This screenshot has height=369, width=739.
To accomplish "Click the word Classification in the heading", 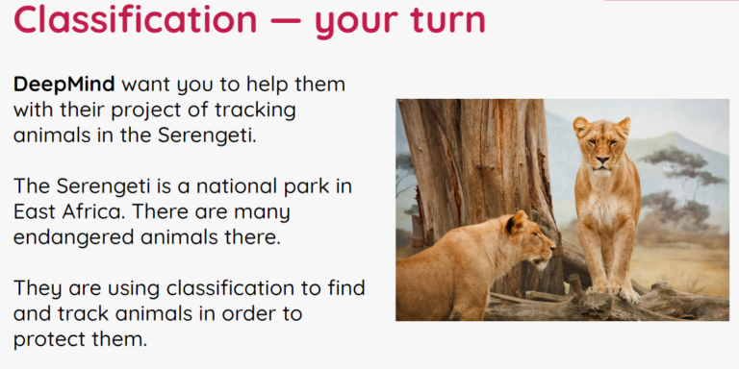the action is (136, 20).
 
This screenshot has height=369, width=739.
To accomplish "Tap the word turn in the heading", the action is (447, 21).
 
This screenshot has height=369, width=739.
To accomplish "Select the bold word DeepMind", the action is (64, 86).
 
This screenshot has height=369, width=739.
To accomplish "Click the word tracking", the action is (255, 111).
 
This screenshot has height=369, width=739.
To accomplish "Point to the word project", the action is (170, 111).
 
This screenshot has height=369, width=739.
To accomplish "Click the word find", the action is (346, 287).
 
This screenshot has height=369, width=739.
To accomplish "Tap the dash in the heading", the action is (286, 22).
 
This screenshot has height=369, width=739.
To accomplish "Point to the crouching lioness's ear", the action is (517, 222).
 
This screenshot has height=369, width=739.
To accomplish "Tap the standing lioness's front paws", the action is (612, 291).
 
